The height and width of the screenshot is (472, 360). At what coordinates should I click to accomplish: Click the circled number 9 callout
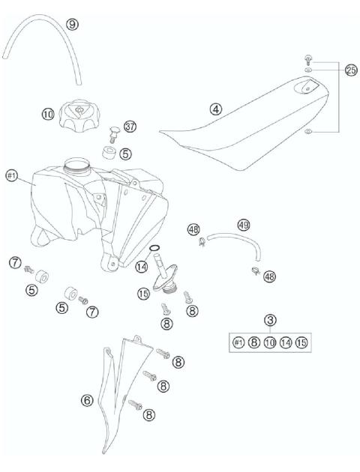[x=73, y=23]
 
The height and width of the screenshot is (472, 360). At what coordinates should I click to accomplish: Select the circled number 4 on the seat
[x=217, y=109]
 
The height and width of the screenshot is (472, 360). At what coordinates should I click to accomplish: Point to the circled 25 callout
[x=350, y=70]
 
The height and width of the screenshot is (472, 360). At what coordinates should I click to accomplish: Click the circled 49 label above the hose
[x=243, y=224]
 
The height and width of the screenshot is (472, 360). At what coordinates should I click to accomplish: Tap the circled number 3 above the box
[x=271, y=321]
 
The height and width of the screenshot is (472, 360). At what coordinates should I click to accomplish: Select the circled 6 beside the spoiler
[x=88, y=401]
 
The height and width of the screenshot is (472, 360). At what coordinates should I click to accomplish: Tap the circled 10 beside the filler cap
[x=47, y=115]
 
